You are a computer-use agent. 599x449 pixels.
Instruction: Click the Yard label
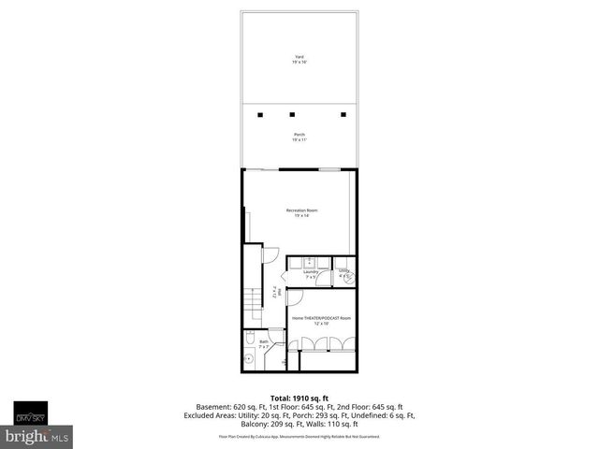pyautogui.click(x=299, y=57)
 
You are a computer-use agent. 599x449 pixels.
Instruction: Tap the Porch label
pyautogui.click(x=299, y=135)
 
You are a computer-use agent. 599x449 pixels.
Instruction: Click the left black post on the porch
pyautogui.click(x=261, y=115)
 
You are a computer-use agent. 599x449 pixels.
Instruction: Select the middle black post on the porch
pyautogui.click(x=302, y=115)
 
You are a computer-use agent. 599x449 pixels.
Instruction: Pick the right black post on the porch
pyautogui.click(x=343, y=115)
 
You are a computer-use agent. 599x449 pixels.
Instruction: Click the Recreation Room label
pyautogui.click(x=301, y=210)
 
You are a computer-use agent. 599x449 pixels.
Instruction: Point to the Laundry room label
pyautogui.click(x=311, y=272)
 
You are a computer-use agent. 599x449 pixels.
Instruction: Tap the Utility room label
pyautogui.click(x=344, y=272)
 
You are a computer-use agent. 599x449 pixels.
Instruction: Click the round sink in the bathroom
pyautogui.click(x=249, y=358)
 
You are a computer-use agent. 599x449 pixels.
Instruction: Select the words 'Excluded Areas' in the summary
pyautogui.click(x=233, y=416)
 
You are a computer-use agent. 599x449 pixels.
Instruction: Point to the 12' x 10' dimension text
pyautogui.click(x=321, y=325)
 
